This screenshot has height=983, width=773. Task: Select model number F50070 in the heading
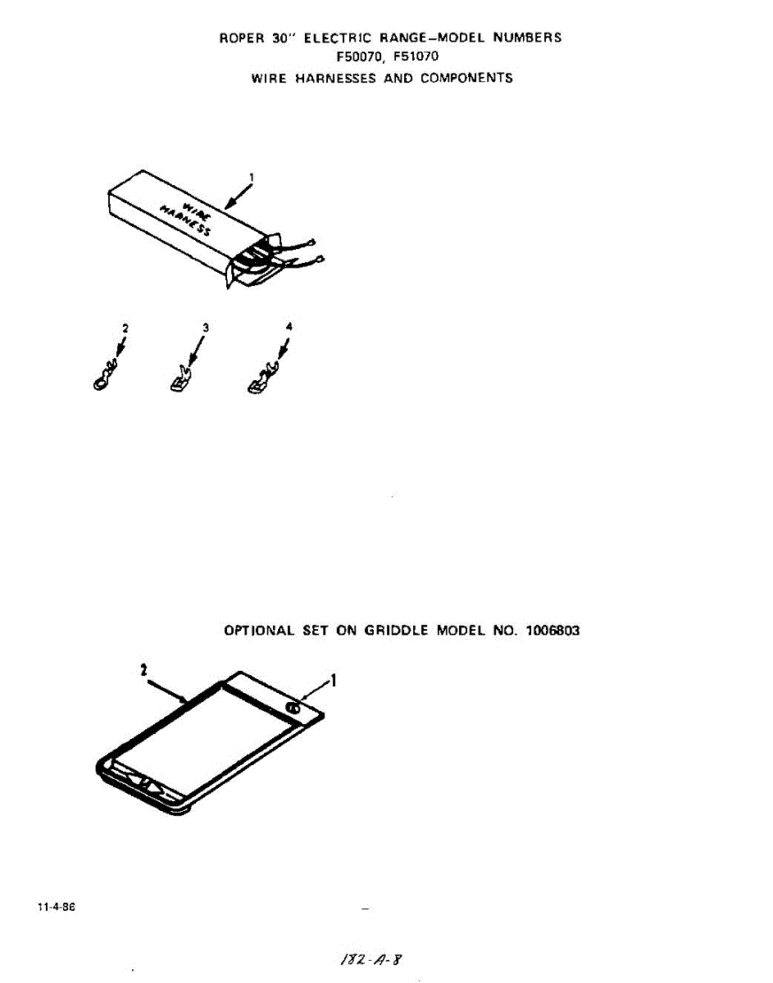coord(358,57)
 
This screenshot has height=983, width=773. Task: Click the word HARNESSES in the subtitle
coord(335,79)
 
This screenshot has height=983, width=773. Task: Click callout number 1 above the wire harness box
coord(252,177)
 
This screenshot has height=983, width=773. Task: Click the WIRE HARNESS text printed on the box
coord(186,219)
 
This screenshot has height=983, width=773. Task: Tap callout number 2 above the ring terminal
coord(125,328)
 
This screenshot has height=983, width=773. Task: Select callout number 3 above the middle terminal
coord(206,328)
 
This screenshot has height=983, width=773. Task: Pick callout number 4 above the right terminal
coord(289,326)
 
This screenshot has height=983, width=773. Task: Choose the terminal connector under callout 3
coord(181,378)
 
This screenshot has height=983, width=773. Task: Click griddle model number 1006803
coord(552,631)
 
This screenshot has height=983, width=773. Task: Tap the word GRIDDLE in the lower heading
coord(396,631)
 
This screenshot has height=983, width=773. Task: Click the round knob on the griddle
coord(293,709)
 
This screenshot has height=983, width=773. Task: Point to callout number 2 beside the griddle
coord(144,670)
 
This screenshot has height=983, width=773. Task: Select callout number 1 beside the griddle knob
coord(333,681)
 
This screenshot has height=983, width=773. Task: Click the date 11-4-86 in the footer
coord(57,907)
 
